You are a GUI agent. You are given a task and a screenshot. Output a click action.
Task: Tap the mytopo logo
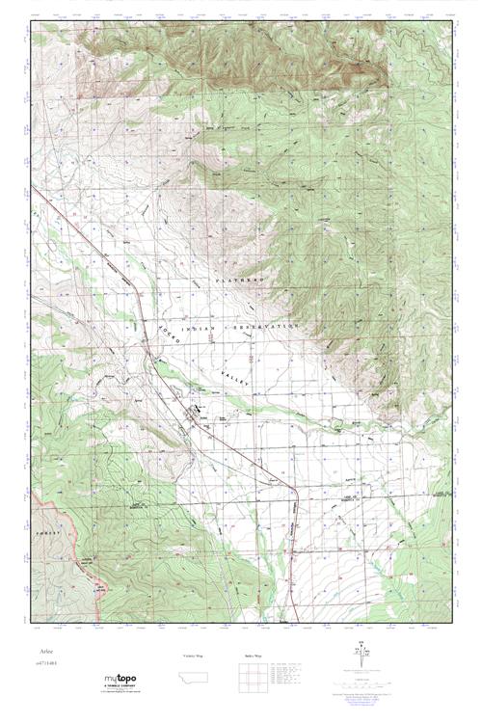coord(120,681)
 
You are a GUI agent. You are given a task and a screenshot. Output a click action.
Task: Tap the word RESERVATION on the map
coord(269,328)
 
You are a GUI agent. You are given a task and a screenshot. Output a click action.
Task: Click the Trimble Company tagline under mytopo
coord(120,689)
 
